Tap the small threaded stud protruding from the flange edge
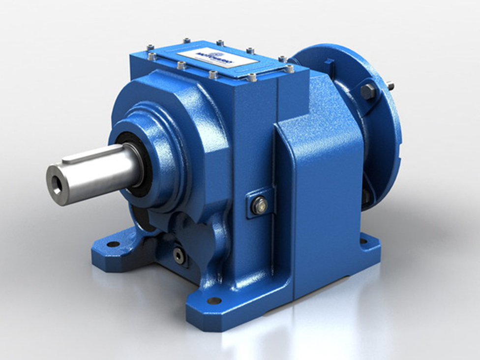point(390,87)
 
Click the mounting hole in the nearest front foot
point(214,300)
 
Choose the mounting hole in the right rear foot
point(364,241)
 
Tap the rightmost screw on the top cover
point(290,69)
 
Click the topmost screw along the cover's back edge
point(186,41)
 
